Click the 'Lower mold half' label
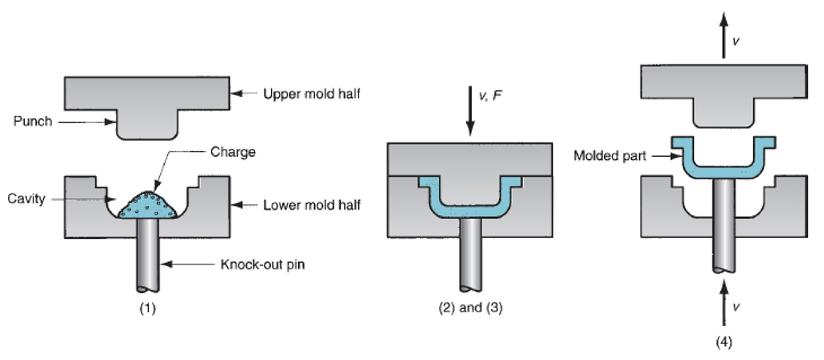pos(312,205)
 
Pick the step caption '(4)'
pos(724,343)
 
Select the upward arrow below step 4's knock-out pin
pos(724,307)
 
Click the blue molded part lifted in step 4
pos(724,169)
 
